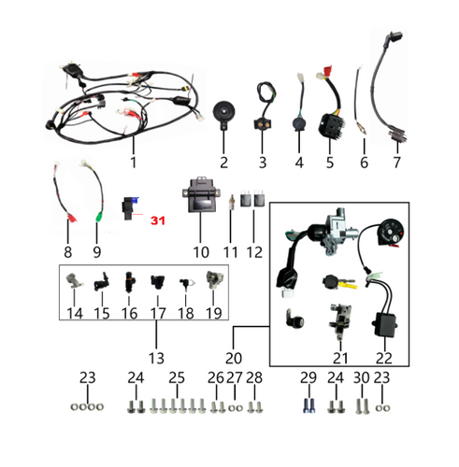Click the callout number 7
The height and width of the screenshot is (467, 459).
395,163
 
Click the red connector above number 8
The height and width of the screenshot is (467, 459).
69,221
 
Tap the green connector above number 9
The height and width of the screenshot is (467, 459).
100,221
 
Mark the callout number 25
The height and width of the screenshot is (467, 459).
176,378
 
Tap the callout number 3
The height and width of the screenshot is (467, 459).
263,163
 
